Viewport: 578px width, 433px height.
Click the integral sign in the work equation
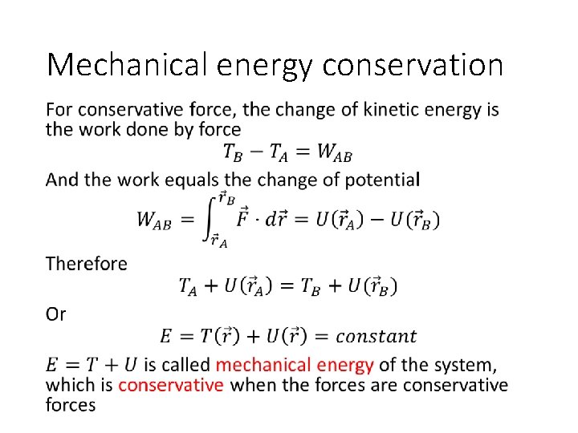[x=210, y=218]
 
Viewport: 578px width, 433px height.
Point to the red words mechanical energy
[x=295, y=366]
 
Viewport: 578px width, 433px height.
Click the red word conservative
[x=170, y=385]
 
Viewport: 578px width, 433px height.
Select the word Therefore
[x=87, y=264]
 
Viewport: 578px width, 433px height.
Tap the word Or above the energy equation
[x=56, y=314]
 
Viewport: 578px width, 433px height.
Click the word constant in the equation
[x=377, y=336]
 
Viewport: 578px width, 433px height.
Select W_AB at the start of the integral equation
[x=154, y=220]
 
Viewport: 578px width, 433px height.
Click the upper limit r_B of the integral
[x=228, y=196]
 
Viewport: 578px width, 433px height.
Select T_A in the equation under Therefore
[x=187, y=285]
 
